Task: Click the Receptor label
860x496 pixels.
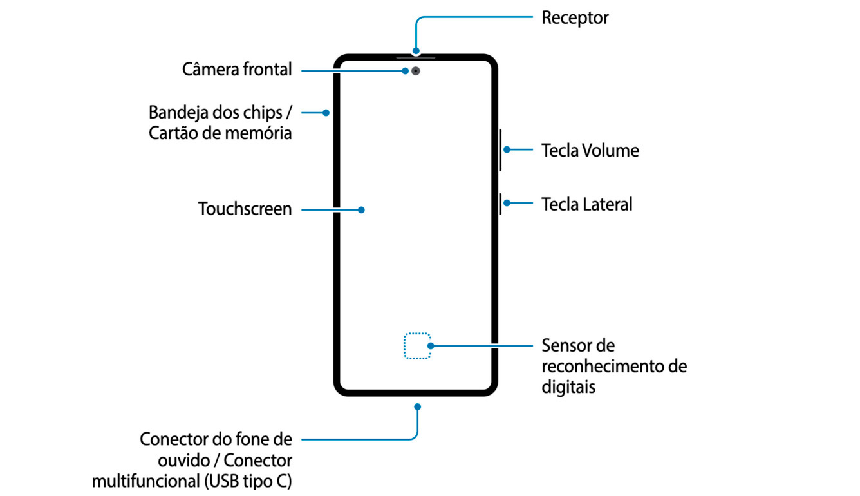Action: (575, 17)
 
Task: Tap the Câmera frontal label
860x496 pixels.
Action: (237, 70)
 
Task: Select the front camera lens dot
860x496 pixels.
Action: (416, 71)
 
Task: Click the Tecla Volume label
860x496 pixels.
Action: (590, 151)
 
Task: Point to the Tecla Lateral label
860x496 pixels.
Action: (586, 204)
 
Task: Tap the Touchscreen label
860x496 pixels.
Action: (245, 209)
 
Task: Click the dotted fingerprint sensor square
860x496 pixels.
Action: (417, 346)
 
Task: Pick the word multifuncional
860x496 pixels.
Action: (150, 481)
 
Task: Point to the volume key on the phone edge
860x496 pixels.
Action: (500, 150)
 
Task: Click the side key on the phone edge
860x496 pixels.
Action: (500, 203)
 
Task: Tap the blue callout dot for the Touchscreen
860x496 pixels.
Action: (362, 209)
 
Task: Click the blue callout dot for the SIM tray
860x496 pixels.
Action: (326, 113)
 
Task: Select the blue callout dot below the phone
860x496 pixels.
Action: (418, 406)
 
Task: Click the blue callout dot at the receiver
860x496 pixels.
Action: (416, 50)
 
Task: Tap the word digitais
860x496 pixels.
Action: (568, 387)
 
